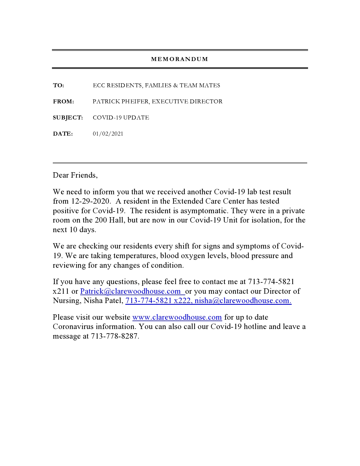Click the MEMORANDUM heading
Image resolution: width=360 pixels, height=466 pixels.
click(x=180, y=59)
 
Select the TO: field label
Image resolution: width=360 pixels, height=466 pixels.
click(x=58, y=86)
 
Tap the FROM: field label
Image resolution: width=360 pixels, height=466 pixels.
click(x=64, y=102)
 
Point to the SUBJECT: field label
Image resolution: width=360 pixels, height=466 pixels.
click(x=68, y=118)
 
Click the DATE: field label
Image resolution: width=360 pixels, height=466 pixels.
click(x=63, y=134)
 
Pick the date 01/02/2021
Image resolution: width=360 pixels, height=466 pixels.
click(x=108, y=134)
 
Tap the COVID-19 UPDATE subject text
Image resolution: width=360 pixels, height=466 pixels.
click(x=121, y=118)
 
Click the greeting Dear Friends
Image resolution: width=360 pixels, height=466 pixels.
click(x=75, y=175)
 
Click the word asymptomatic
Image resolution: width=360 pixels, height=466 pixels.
click(x=203, y=211)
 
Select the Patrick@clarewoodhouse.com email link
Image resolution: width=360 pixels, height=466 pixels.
click(x=130, y=291)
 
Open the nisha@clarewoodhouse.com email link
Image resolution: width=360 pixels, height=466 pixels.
click(x=243, y=301)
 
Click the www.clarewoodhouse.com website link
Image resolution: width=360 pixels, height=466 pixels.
click(x=177, y=317)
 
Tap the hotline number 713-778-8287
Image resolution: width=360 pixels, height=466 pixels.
click(x=114, y=336)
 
